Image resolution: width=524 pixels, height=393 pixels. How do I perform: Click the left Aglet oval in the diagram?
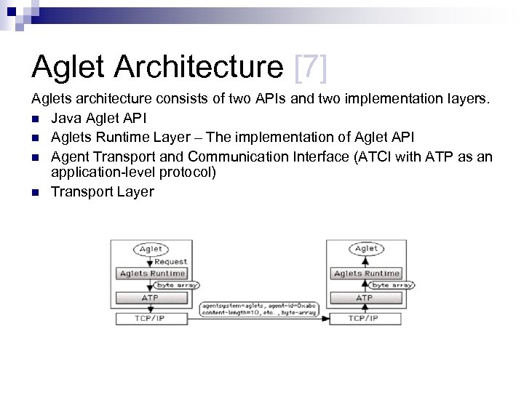pos(151,249)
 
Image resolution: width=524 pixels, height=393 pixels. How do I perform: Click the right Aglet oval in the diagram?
pos(365,249)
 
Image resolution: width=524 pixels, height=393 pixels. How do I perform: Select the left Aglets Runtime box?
pos(151,274)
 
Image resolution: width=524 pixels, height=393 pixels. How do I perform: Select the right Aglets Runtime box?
pos(366,274)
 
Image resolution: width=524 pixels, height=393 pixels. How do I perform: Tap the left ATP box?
pos(151,298)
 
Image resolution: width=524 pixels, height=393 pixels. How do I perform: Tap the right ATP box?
pos(365,298)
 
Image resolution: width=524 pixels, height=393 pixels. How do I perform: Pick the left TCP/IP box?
pos(151,318)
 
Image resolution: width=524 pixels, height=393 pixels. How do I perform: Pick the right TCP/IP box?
pos(365,318)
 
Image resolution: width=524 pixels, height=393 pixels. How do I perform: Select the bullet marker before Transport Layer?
pos(36,192)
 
